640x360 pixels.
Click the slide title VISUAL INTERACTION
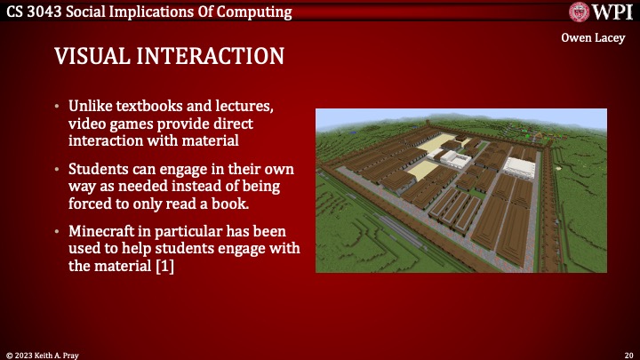(x=170, y=56)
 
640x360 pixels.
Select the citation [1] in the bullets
(x=161, y=266)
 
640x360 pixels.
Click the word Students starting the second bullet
(x=100, y=169)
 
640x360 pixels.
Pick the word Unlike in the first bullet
(x=92, y=108)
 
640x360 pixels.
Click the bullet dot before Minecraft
(x=59, y=230)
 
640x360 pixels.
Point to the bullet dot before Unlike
(x=59, y=108)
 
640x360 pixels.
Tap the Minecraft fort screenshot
(x=461, y=190)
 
